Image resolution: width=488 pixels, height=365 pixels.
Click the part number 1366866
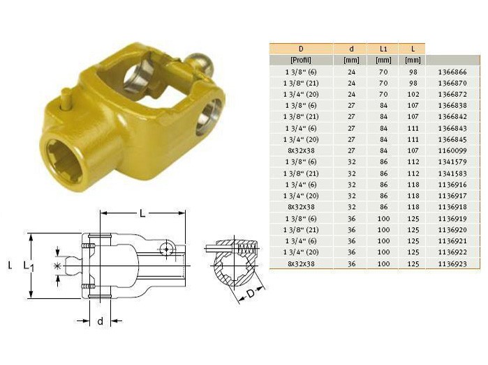(x=452, y=72)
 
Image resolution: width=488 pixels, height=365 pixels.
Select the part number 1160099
(x=452, y=150)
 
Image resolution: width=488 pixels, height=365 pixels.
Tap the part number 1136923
(x=452, y=264)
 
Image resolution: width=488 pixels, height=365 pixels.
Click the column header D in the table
(x=301, y=49)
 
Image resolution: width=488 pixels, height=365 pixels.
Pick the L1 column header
(x=383, y=49)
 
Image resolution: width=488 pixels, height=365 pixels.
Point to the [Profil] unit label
(x=301, y=60)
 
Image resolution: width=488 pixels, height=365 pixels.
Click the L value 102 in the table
(x=413, y=94)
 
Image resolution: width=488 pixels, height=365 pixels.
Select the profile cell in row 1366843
(x=301, y=128)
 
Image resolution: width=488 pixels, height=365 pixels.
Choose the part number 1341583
(x=452, y=173)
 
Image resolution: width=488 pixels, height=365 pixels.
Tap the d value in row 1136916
(x=351, y=185)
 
